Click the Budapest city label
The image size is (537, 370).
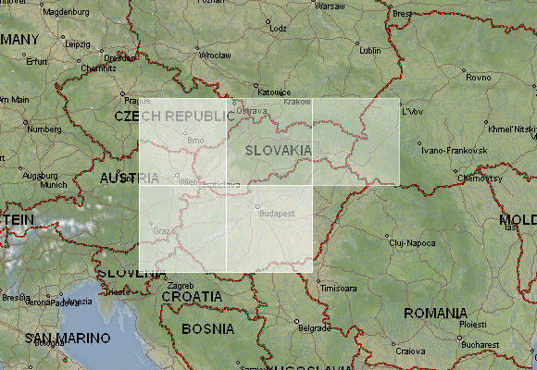pos(277,213)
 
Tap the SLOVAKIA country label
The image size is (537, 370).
pos(278,149)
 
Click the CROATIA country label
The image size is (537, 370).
pos(192,296)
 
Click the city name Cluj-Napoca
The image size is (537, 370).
pos(412,242)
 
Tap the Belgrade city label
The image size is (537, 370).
pos(314,327)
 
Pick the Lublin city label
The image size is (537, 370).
pos(369,49)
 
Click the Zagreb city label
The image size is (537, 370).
pos(181,285)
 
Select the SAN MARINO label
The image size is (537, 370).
pos(56,338)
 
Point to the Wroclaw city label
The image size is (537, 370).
pos(215,55)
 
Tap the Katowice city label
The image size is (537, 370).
pos(274,92)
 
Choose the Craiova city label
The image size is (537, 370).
pos(410,351)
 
